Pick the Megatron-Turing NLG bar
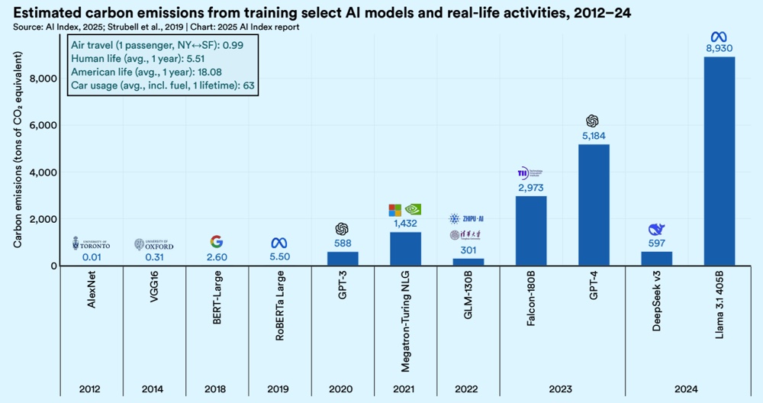[405, 249]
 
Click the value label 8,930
[720, 49]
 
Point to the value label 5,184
[594, 136]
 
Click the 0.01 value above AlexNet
[91, 257]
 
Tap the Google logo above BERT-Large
[217, 242]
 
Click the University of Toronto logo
[91, 243]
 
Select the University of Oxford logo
[153, 243]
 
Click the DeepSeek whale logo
[656, 229]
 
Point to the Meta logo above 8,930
[720, 36]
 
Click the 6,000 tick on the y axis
[43, 126]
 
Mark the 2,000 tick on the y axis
[43, 219]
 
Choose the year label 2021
[405, 388]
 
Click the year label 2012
[91, 388]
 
